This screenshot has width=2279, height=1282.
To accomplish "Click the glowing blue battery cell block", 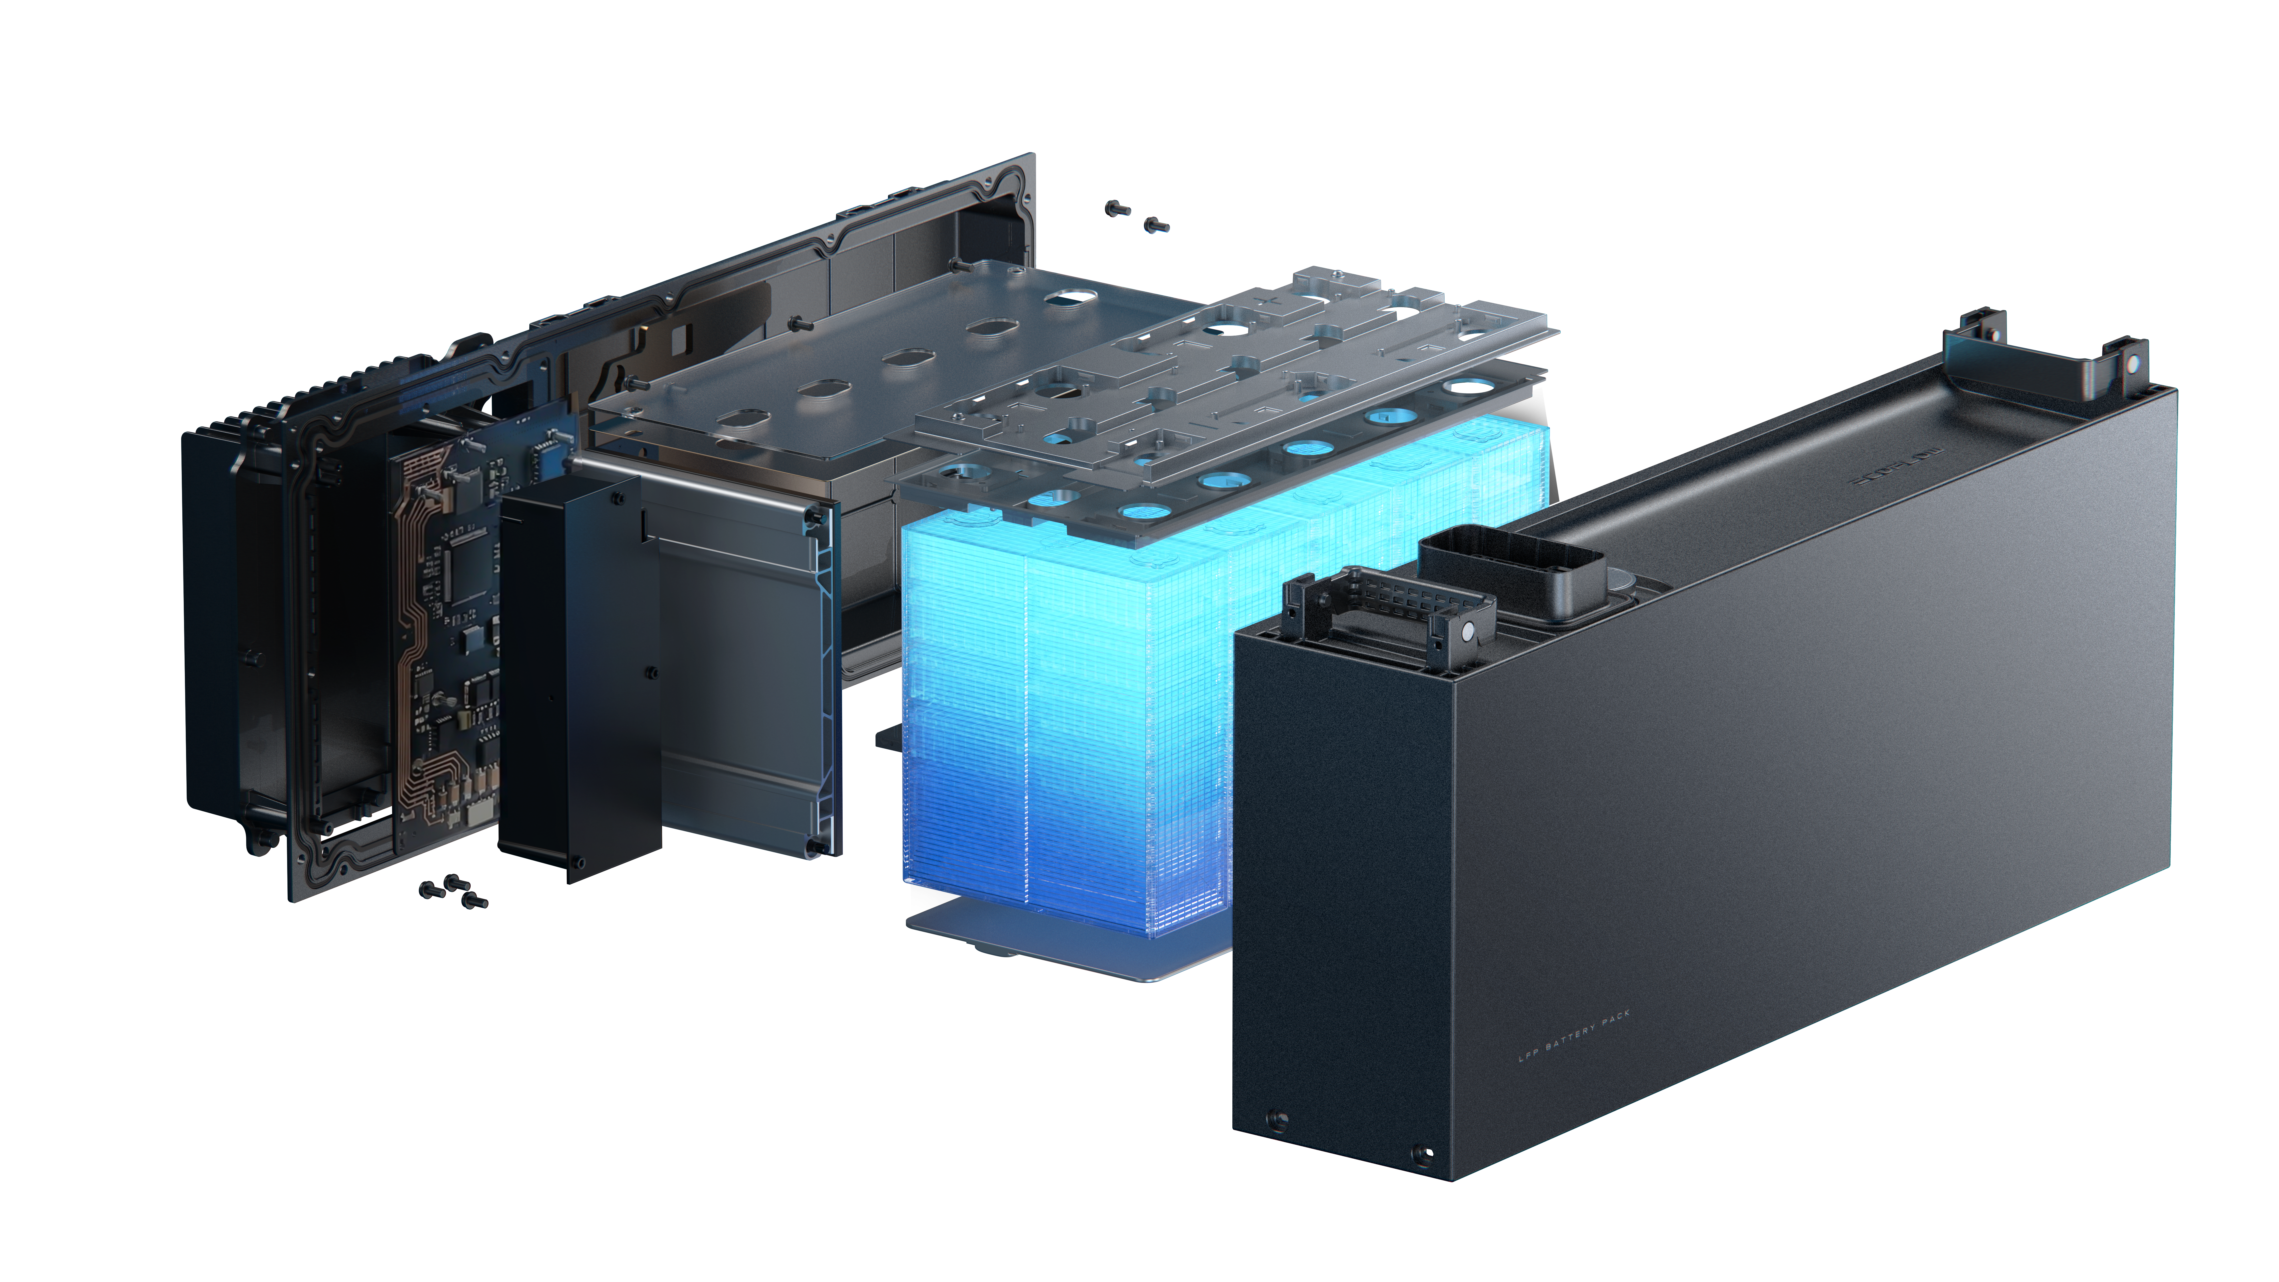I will pyautogui.click(x=1062, y=708).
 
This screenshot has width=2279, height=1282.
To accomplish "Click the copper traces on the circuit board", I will pyautogui.click(x=411, y=619).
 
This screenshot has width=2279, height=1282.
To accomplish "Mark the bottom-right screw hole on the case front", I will pyautogui.click(x=1423, y=1153).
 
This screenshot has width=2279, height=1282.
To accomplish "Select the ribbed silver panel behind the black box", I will pyautogui.click(x=743, y=672).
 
